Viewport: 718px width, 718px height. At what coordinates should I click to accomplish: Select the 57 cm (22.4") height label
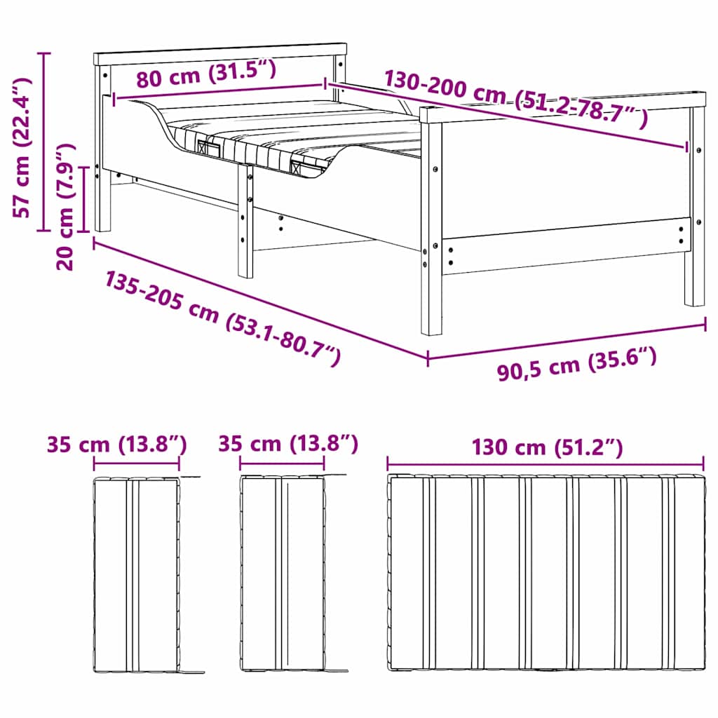[23, 147]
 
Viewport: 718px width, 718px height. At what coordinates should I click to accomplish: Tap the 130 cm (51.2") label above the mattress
[546, 447]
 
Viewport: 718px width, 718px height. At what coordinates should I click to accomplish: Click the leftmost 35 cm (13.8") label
[116, 444]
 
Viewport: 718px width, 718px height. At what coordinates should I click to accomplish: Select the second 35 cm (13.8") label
[287, 444]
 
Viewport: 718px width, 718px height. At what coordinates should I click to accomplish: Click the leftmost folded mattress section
[136, 575]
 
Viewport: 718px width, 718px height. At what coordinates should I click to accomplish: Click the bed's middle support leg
[245, 221]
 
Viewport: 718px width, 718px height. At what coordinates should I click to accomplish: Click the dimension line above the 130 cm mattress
[546, 463]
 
